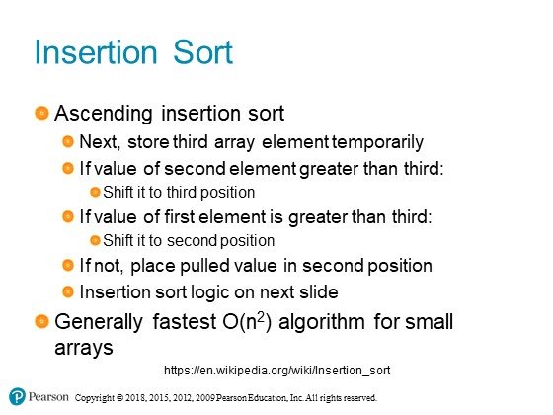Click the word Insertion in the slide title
click(96, 52)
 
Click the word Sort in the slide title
click(202, 52)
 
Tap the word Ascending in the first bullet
click(104, 114)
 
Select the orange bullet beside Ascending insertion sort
click(41, 113)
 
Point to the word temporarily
click(377, 142)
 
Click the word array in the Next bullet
click(234, 143)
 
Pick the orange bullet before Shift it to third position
click(95, 192)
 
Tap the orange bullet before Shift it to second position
click(95, 240)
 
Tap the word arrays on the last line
click(84, 348)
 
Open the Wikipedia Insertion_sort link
click(277, 371)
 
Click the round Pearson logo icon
click(17, 396)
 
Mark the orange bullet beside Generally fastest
click(41, 321)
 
